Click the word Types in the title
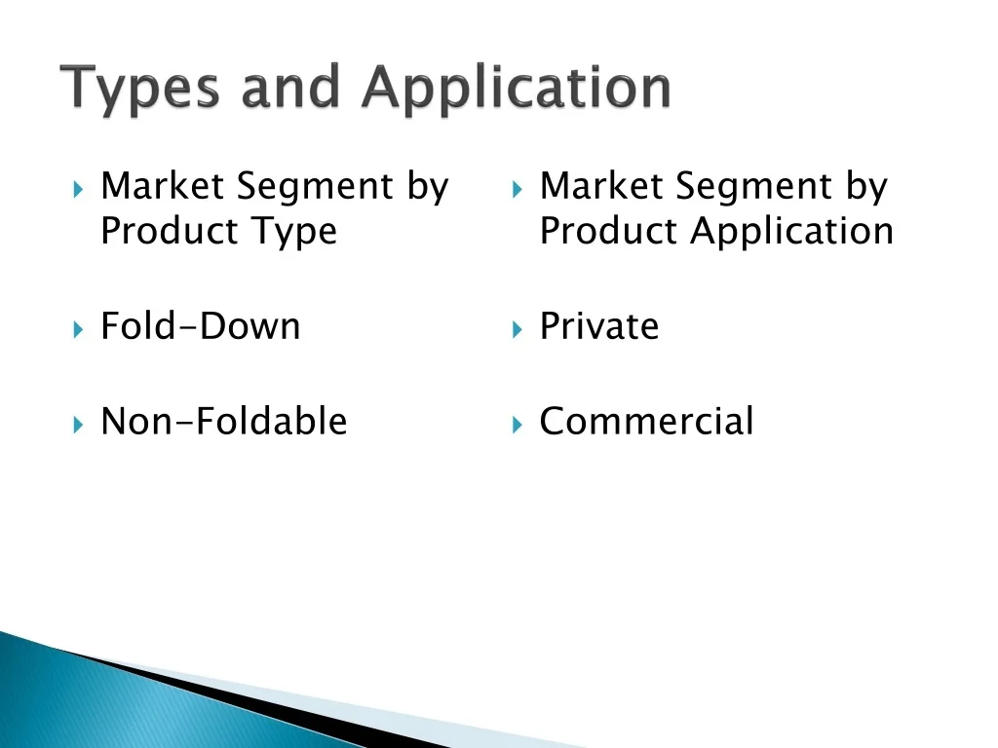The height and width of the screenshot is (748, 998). pyautogui.click(x=140, y=89)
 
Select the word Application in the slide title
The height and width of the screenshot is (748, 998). pyautogui.click(x=517, y=89)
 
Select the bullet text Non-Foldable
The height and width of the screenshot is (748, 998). pyautogui.click(x=224, y=421)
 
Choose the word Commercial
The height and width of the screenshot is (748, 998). pyautogui.click(x=646, y=421)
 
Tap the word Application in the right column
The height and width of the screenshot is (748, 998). pyautogui.click(x=791, y=232)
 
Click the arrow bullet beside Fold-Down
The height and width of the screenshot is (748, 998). pyautogui.click(x=78, y=329)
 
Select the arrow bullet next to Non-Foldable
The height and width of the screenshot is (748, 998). pyautogui.click(x=78, y=425)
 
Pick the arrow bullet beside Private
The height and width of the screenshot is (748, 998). pyautogui.click(x=517, y=329)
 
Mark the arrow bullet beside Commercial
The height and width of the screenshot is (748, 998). pyautogui.click(x=517, y=425)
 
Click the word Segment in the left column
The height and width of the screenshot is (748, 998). pyautogui.click(x=315, y=188)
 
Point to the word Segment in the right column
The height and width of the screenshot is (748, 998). pyautogui.click(x=753, y=188)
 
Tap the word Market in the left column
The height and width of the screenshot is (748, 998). pyautogui.click(x=163, y=186)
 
